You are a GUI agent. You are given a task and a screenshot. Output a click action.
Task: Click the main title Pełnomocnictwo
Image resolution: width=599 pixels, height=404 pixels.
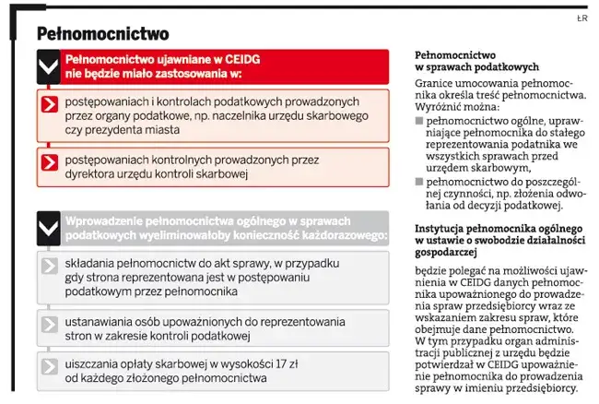(102, 34)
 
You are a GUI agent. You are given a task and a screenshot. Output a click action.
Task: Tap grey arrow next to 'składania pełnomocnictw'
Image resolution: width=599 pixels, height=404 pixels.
(50, 267)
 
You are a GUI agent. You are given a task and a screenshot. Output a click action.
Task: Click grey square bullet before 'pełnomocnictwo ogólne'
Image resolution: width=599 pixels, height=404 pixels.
(420, 120)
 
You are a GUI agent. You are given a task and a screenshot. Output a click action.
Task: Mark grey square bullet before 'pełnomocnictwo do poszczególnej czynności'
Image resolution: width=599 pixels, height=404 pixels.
(420, 181)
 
